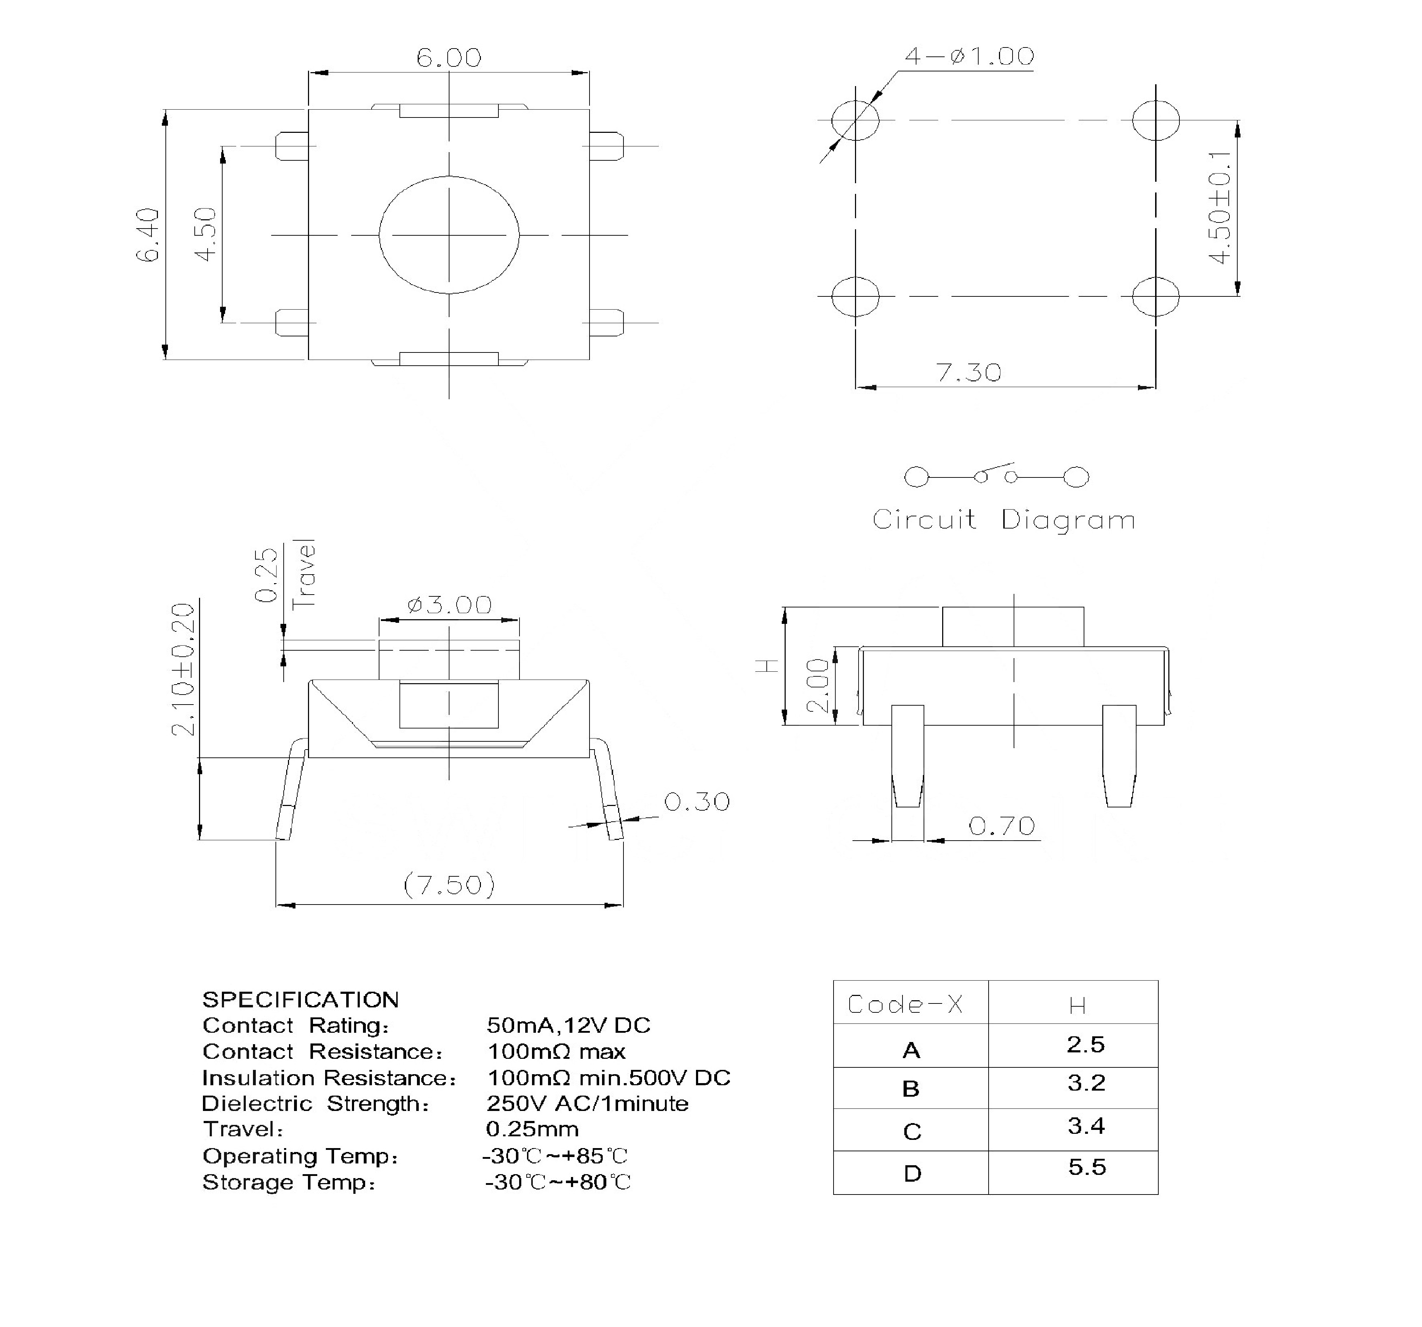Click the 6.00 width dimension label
(x=449, y=57)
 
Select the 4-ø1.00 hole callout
(x=969, y=56)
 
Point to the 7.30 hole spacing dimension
(x=969, y=372)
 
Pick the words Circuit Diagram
(x=1004, y=520)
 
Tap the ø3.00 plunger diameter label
(x=449, y=605)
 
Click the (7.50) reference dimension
(x=449, y=885)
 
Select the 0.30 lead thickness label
(x=697, y=801)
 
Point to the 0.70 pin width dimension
(x=1001, y=826)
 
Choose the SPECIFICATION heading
(x=300, y=999)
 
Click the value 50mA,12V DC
(x=569, y=1025)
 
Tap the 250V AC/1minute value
(x=587, y=1103)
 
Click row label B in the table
(x=911, y=1088)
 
